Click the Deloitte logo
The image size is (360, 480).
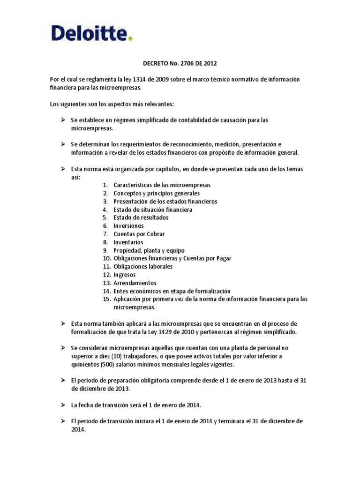click(x=91, y=33)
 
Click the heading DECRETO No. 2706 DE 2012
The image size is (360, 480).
click(x=180, y=62)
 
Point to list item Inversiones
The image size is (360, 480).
click(x=128, y=226)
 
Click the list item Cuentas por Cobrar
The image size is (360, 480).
click(x=139, y=234)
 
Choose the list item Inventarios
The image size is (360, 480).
click(x=128, y=242)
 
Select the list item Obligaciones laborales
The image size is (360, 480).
click(x=143, y=267)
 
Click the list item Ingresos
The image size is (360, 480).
click(x=124, y=275)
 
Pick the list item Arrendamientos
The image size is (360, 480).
click(x=135, y=283)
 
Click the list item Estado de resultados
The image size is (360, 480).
click(x=141, y=218)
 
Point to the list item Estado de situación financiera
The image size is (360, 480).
click(x=153, y=210)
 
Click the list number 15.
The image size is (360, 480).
click(x=105, y=299)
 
